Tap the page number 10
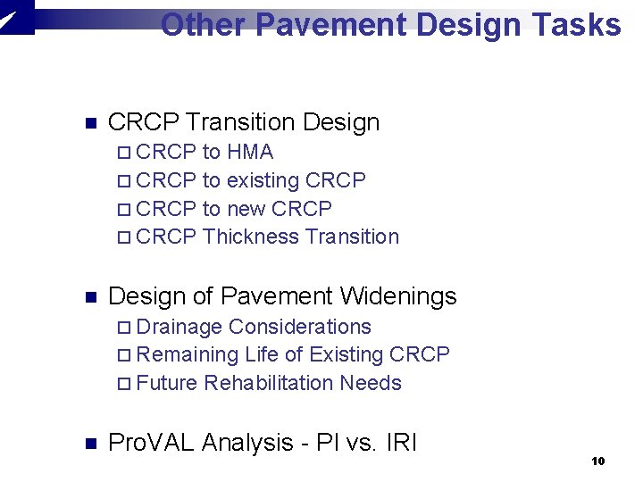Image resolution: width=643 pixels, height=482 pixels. click(598, 461)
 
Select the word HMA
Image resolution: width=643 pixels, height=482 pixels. click(250, 152)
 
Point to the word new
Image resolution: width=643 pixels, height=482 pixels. click(246, 209)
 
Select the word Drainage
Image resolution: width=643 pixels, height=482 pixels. click(181, 327)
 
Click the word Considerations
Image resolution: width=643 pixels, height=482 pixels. click(300, 327)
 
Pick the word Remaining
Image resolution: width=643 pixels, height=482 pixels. click(188, 354)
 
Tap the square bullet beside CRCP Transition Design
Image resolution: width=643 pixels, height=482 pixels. click(88, 123)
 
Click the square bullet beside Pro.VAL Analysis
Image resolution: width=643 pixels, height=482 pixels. click(88, 443)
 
